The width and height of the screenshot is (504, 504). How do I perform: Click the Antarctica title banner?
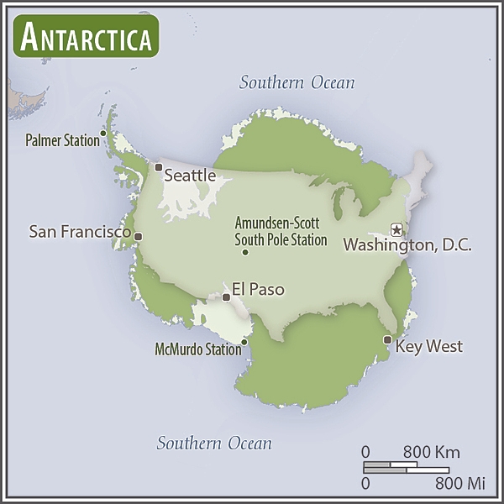tap(86, 36)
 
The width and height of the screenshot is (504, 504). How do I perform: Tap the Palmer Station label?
tap(63, 141)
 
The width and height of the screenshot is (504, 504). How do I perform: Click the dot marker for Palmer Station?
tap(103, 132)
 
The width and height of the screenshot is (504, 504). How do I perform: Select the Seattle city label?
tap(189, 176)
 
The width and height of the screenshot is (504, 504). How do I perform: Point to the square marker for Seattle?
tap(158, 167)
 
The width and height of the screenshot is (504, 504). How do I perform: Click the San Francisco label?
tap(80, 231)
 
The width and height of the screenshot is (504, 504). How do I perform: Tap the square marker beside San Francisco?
tap(139, 236)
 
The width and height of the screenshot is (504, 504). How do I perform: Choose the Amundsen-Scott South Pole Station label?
tap(281, 231)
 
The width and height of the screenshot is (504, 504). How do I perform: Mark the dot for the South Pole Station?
tap(245, 252)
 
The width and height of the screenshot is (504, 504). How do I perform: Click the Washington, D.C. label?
tap(407, 246)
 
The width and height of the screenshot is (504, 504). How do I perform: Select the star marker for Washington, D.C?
tap(397, 229)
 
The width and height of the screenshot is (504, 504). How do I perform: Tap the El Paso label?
tap(258, 290)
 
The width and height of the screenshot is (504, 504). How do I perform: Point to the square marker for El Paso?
tap(226, 297)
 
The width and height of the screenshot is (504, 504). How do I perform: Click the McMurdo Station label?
tap(197, 349)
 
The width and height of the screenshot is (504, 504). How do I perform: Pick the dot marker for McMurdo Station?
tap(244, 342)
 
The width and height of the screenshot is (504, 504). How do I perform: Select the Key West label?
tap(428, 346)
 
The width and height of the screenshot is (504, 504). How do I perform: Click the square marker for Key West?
tap(387, 339)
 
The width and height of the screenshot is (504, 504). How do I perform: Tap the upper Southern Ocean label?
tap(297, 82)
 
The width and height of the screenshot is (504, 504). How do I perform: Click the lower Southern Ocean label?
tap(214, 444)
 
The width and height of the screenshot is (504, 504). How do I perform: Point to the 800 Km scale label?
tap(423, 451)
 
